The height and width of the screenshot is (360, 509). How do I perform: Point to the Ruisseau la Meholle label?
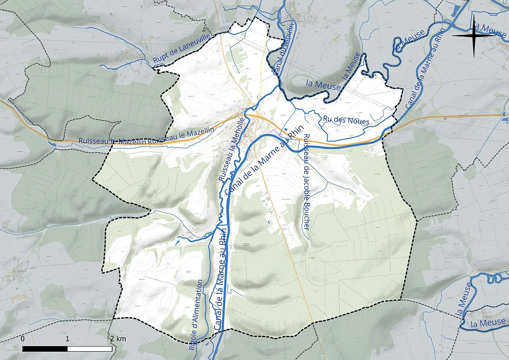(x=231, y=149)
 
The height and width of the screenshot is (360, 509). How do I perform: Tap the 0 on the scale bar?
(x=23, y=339)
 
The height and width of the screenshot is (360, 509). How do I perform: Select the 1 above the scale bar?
(x=68, y=339)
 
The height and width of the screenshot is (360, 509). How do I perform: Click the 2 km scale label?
(x=118, y=339)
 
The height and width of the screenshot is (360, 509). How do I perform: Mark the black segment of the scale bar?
(x=45, y=349)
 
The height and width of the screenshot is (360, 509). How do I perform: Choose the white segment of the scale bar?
(x=90, y=349)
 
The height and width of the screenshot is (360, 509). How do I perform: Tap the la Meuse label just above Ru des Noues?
(x=323, y=85)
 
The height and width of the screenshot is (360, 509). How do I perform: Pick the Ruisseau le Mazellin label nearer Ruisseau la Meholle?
(x=181, y=136)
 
